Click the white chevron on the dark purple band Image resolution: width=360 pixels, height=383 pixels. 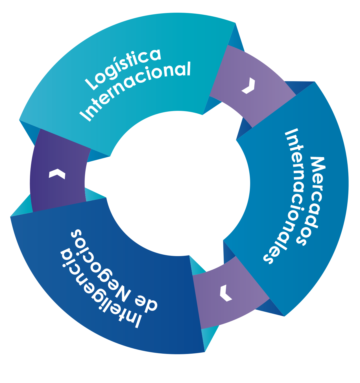point(57,174)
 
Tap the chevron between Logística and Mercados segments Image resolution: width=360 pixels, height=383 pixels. point(248,86)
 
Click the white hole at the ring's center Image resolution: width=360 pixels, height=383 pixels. point(168,184)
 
